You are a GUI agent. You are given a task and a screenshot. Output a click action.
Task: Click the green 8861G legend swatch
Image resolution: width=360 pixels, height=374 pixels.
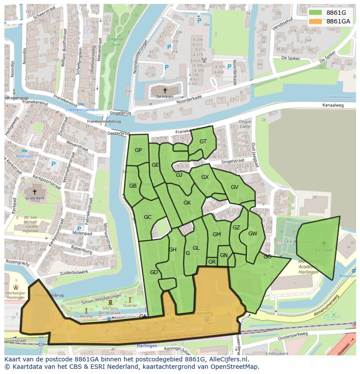coord(316,13)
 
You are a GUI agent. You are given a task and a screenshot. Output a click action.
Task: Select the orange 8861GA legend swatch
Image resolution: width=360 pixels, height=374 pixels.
coord(316,21)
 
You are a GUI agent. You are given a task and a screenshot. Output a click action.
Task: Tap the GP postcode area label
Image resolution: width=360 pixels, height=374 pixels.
coord(138,150)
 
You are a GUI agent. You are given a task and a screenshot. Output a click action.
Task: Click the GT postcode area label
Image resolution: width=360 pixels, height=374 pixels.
coord(203,142)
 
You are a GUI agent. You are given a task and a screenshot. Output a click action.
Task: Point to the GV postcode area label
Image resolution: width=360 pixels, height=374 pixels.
coord(234,187)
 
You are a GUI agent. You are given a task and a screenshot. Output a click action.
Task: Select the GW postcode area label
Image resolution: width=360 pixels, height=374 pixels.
coord(253,233)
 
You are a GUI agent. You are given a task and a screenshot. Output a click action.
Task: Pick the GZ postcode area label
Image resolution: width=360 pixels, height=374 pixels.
coord(236,227)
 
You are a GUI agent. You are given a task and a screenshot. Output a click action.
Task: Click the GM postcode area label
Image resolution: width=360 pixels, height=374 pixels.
coord(217,235)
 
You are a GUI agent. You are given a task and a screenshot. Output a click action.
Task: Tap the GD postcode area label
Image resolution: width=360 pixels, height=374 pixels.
coord(153,272)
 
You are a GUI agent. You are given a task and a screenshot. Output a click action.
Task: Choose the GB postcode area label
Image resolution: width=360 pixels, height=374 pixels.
coord(133,186)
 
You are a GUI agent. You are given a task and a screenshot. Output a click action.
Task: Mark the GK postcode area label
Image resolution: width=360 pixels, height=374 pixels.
coord(187,203)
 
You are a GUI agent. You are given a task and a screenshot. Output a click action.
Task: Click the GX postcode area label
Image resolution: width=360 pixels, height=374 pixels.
coord(205,177)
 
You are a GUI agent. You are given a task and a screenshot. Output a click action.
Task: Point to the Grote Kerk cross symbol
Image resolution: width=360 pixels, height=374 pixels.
coord(35,191)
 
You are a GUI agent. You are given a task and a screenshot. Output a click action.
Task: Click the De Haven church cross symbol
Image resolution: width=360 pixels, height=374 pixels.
coord(165,90)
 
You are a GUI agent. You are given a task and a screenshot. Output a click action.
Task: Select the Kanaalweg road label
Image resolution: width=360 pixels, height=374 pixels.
coord(333,106)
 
